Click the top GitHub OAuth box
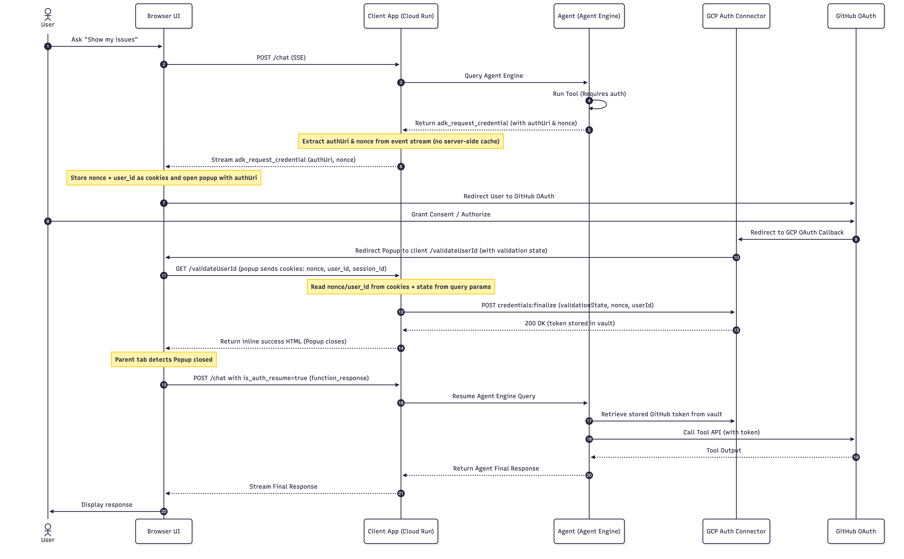[856, 16]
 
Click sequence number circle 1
[48, 46]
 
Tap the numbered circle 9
[856, 239]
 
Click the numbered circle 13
[736, 330]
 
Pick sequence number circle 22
[164, 511]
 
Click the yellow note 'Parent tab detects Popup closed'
[164, 359]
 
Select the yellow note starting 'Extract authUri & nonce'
[401, 141]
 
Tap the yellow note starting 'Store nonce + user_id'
[164, 178]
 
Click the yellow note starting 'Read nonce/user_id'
[401, 287]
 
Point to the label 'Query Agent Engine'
[494, 76]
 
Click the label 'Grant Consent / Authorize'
[451, 214]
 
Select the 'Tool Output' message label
[724, 450]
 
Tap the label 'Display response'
[107, 505]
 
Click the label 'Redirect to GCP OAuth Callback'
[797, 232]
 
